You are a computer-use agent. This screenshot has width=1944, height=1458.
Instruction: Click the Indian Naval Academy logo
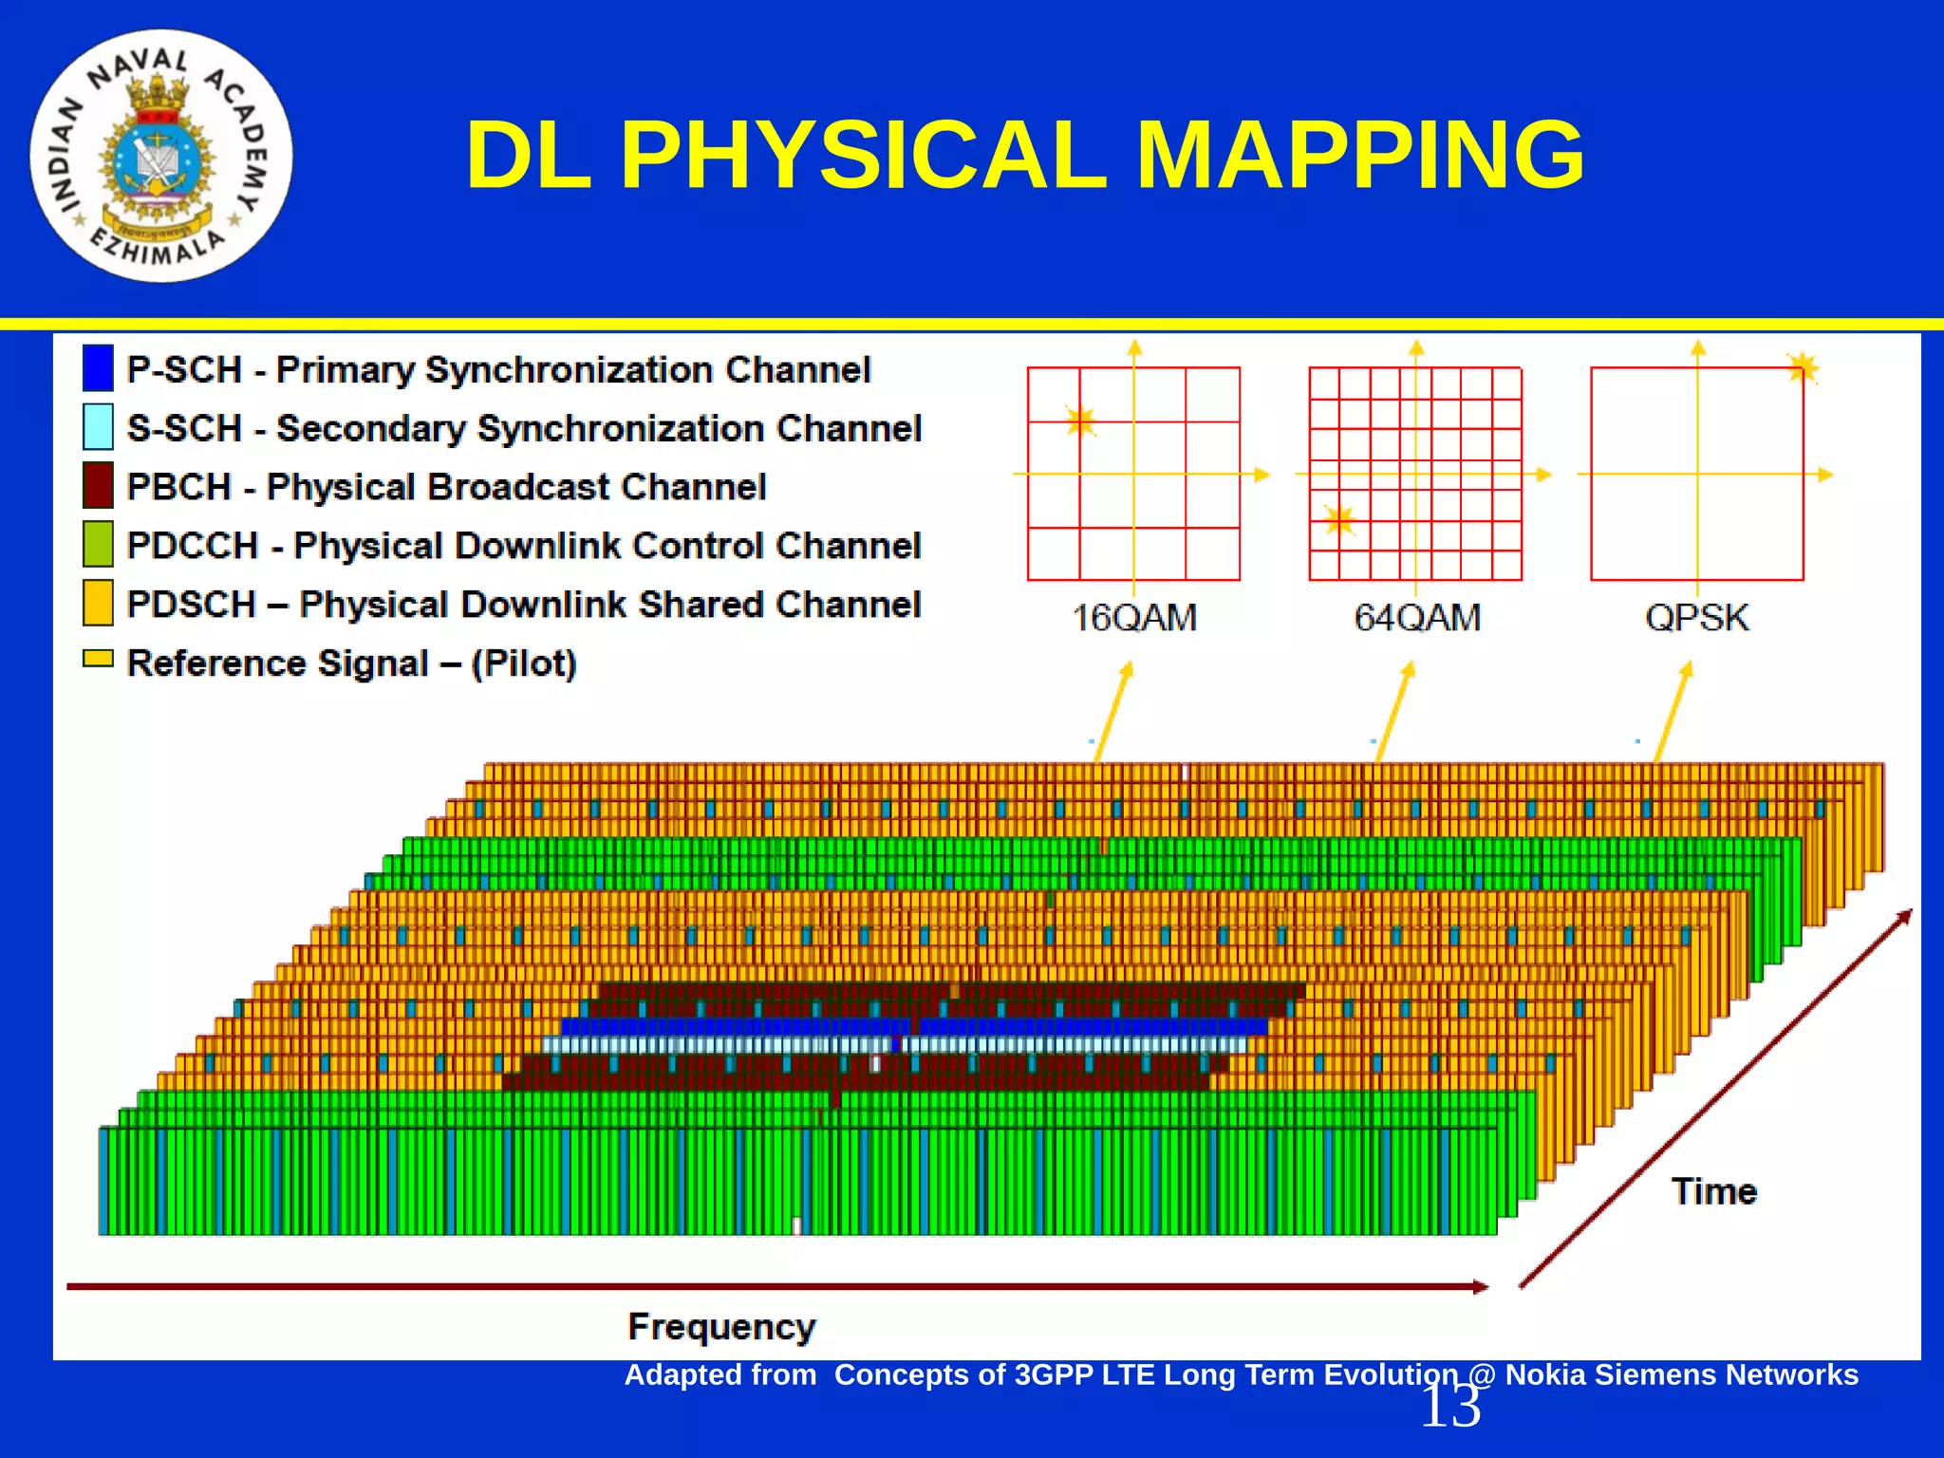(x=160, y=157)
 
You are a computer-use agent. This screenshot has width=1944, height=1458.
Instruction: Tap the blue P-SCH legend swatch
(x=98, y=368)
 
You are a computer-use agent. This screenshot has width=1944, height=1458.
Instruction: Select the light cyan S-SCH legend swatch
(x=98, y=427)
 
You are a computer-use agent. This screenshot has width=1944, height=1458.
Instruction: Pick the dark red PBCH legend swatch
(x=98, y=485)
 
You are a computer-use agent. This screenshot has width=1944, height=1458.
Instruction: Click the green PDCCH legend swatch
(x=98, y=544)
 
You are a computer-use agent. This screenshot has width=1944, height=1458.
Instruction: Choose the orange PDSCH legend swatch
(x=98, y=603)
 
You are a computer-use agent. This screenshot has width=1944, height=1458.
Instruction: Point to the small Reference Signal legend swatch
(x=98, y=659)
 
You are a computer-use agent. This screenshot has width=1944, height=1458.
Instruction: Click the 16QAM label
(x=1134, y=618)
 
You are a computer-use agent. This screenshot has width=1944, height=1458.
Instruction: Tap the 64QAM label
(x=1416, y=618)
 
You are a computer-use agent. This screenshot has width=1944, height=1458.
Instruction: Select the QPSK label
(x=1697, y=618)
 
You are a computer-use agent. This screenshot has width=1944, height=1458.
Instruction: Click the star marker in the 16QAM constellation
(x=1080, y=421)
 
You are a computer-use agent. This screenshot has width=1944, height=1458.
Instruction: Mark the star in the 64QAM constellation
(x=1339, y=520)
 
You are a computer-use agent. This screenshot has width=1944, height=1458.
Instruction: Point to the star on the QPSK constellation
(x=1803, y=367)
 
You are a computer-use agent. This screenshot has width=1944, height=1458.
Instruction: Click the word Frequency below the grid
(x=721, y=1326)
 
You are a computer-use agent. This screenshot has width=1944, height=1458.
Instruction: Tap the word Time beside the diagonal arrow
(x=1714, y=1191)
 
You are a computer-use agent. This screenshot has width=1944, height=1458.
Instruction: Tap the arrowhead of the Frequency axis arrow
(x=1481, y=1287)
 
